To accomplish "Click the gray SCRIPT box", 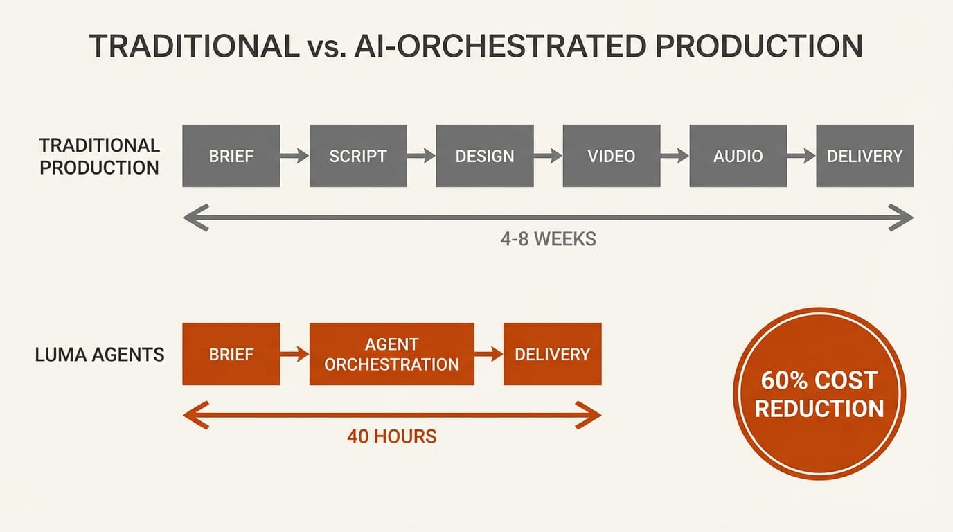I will coord(357,156).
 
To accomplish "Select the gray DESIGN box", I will coord(484,156).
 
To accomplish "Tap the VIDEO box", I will coord(611,156).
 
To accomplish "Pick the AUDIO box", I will coord(738,156).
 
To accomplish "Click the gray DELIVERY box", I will coord(864,156).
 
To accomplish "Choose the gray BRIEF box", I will coord(231,156).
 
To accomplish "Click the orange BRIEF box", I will coord(231,354).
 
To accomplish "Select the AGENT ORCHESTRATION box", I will coord(391,354).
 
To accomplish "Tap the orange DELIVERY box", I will coord(552,354).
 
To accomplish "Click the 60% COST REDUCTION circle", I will coord(819,393).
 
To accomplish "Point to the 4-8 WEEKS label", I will coord(548,240).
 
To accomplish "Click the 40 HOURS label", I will coord(391,436).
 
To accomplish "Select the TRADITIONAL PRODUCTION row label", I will coord(99,156).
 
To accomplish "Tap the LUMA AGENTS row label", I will coord(99,355).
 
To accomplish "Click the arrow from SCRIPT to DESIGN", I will coord(420,157).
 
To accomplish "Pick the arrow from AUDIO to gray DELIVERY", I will coord(801,157).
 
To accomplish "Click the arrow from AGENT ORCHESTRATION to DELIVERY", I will coord(489,354).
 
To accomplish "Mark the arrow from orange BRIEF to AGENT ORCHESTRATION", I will coord(294,354).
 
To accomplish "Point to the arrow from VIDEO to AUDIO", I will coord(675,157).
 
